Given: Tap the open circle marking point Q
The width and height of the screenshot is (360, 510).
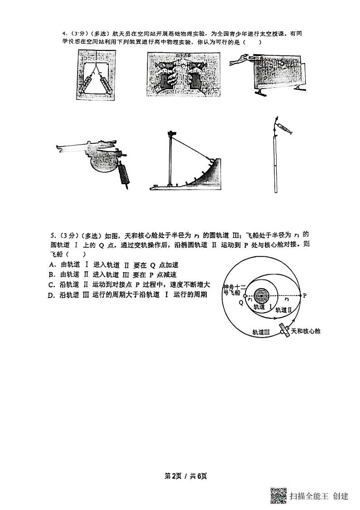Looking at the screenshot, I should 245,296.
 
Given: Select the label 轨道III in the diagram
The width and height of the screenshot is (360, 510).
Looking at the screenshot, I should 261,332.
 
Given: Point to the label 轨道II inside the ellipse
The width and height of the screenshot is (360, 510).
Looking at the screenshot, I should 283,310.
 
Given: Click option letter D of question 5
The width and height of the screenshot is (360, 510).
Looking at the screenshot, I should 51,295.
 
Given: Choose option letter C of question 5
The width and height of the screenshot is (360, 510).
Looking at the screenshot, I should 52,285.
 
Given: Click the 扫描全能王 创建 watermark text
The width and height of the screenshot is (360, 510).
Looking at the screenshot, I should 319,496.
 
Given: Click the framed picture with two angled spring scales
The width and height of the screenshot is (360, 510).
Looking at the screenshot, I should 96,74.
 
